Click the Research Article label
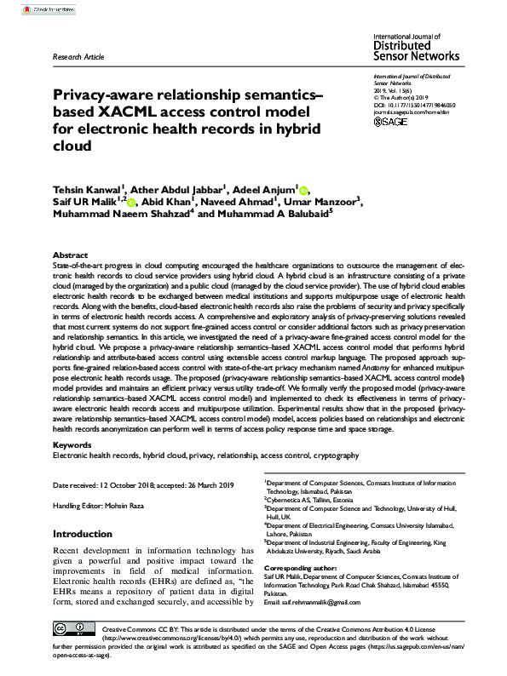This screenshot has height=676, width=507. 78,57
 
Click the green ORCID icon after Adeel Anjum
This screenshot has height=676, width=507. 305,189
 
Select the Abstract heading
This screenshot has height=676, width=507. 70,255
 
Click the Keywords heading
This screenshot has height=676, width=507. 73,444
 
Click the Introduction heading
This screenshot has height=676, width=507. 89,534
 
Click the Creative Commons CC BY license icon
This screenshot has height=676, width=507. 73,630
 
